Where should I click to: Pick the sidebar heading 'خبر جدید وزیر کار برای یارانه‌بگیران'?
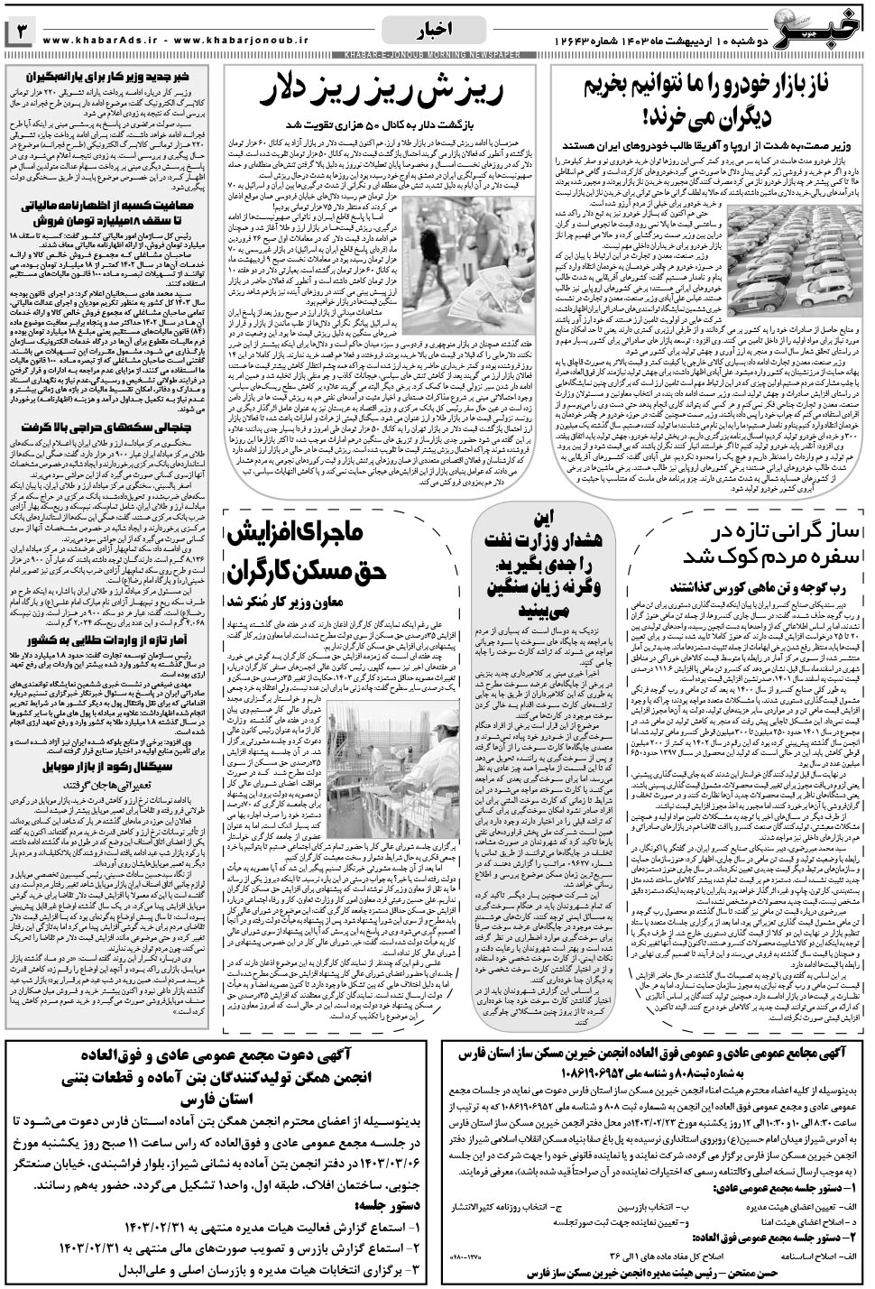point(110,78)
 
